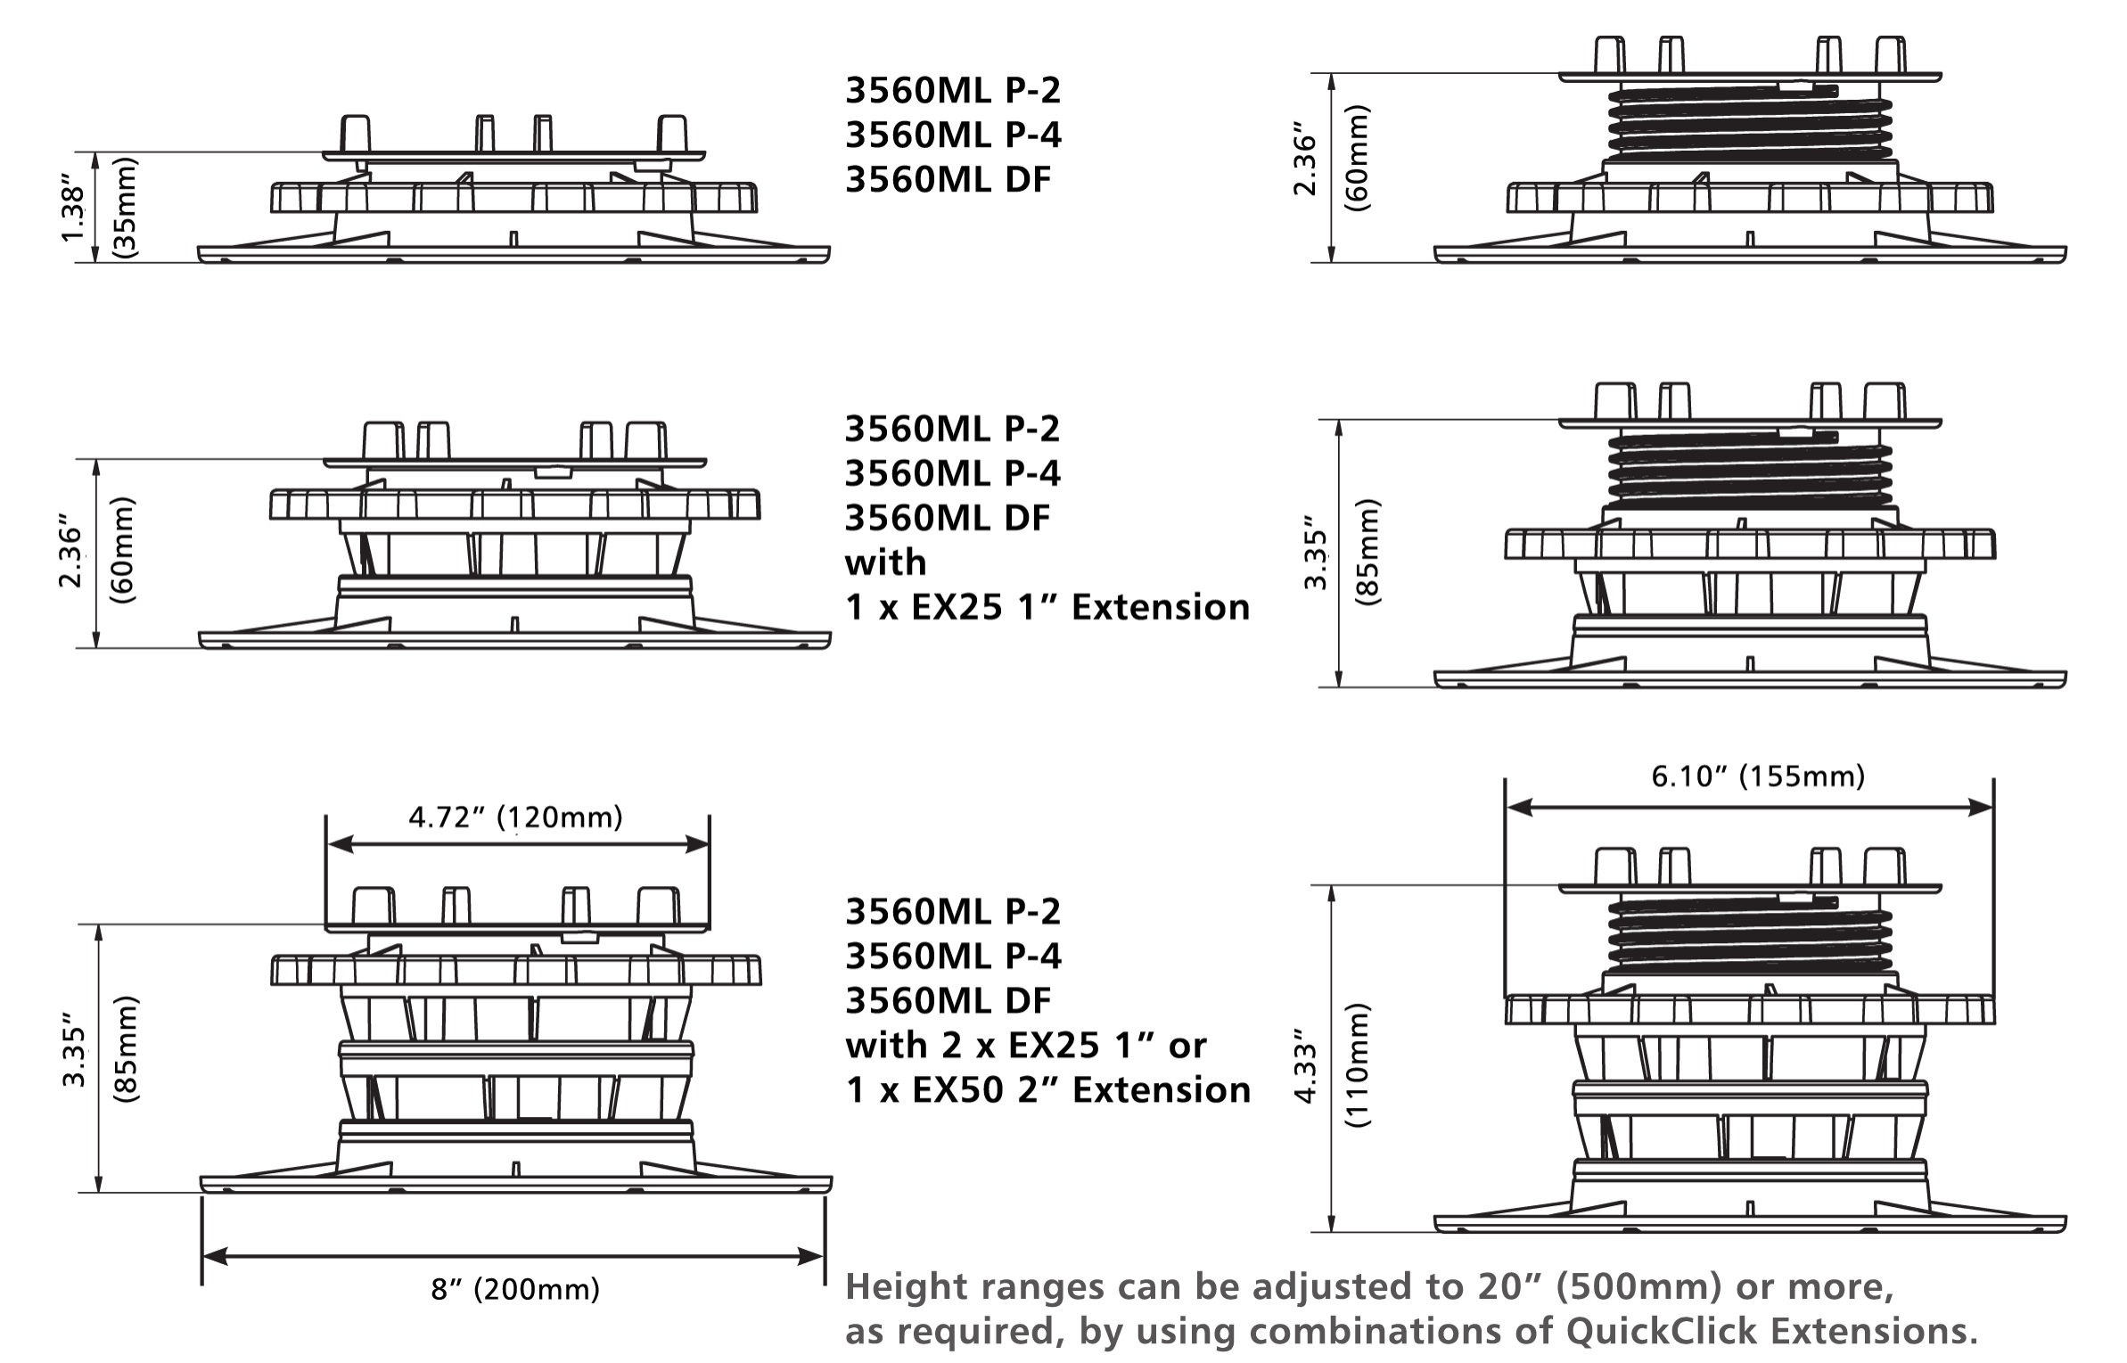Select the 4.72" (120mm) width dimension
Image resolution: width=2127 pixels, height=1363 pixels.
515,818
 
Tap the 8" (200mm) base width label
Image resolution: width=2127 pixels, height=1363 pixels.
515,1290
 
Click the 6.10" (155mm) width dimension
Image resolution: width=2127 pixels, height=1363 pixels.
1757,777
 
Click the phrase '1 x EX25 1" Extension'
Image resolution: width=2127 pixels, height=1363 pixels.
1047,608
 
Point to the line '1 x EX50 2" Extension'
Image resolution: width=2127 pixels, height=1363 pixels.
1047,1089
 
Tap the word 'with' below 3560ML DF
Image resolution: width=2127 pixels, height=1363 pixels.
885,562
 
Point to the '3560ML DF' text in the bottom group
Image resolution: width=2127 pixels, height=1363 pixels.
949,1000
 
